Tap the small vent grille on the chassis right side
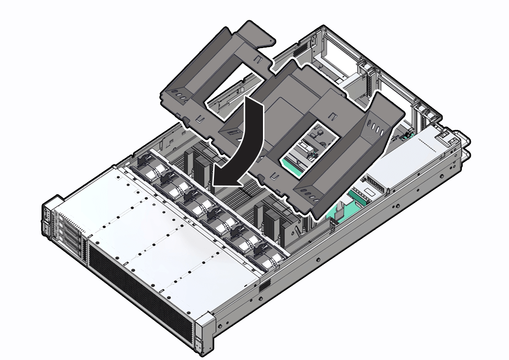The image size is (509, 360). click(x=265, y=285)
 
